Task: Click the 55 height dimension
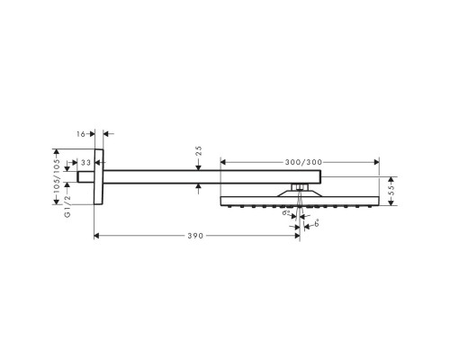[393, 191]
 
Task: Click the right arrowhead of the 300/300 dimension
[377, 163]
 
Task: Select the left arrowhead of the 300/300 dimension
[223, 163]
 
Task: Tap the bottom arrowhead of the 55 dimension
[390, 203]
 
